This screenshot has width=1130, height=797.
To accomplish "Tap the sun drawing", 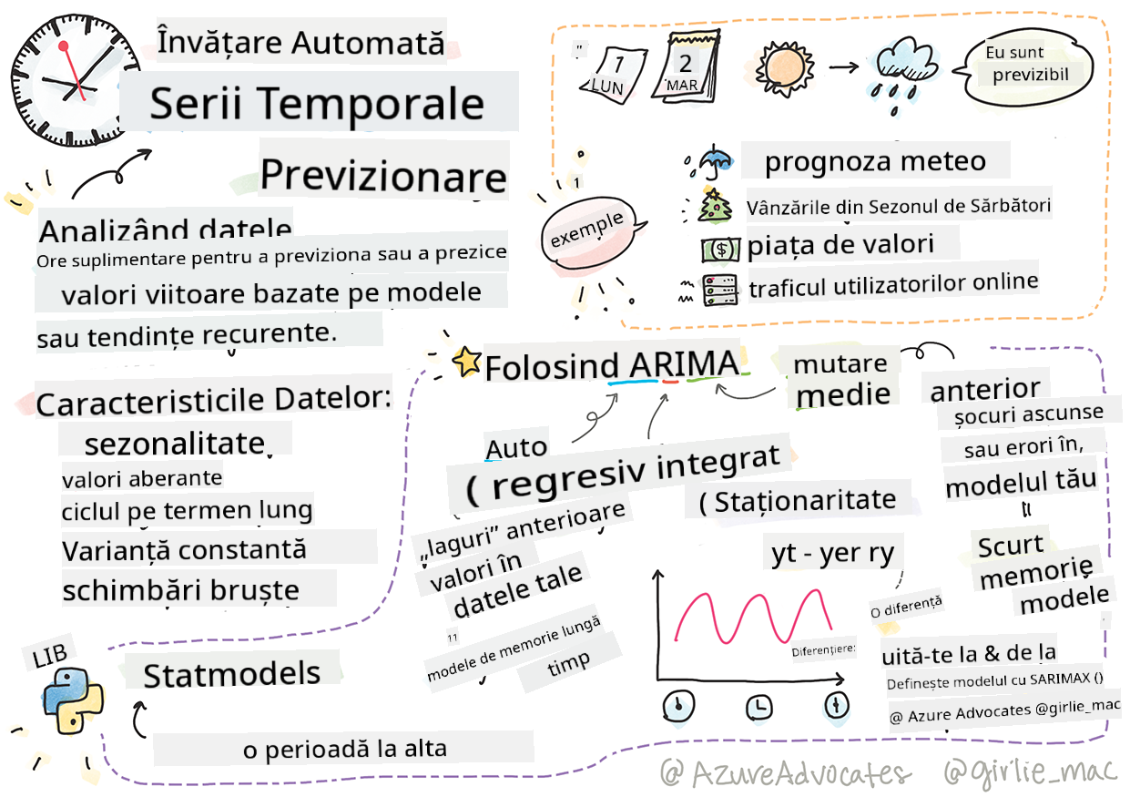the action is pyautogui.click(x=783, y=68).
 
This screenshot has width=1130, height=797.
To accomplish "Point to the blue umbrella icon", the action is pyautogui.click(x=710, y=161).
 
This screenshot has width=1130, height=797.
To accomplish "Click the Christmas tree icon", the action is pyautogui.click(x=713, y=206).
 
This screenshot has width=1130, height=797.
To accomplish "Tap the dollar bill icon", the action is pyautogui.click(x=721, y=250).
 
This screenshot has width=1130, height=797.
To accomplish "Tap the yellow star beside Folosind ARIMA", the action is pyautogui.click(x=466, y=362).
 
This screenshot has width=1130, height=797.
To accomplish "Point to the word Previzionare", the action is pyautogui.click(x=383, y=176).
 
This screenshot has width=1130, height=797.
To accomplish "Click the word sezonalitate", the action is pyautogui.click(x=175, y=444).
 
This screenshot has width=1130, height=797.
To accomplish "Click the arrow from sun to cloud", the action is pyautogui.click(x=844, y=66).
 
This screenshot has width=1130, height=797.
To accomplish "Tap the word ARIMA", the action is pyautogui.click(x=684, y=364).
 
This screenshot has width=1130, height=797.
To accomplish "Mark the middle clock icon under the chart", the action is pyautogui.click(x=758, y=707).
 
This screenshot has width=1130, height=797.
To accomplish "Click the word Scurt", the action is pyautogui.click(x=1011, y=547).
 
